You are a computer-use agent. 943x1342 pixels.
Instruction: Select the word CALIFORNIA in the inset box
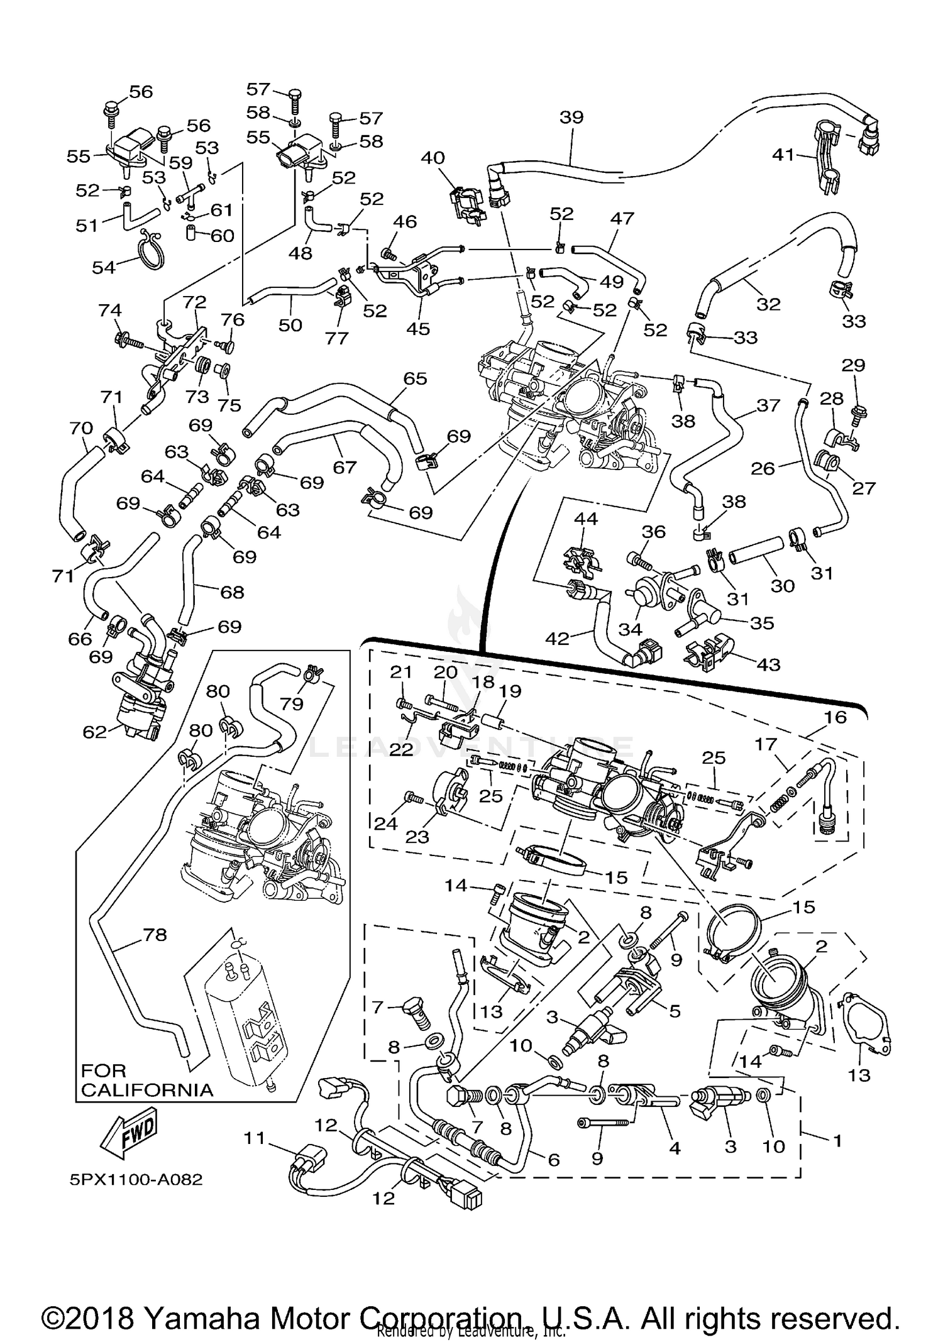coord(147,1089)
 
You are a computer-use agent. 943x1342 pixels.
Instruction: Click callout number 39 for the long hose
coord(571,118)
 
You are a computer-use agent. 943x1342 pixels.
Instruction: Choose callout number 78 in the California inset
coord(155,935)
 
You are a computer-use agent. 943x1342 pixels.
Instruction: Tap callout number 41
coord(784,154)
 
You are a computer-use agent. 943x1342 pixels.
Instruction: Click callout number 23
coord(417,836)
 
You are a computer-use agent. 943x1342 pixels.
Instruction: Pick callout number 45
coord(418,327)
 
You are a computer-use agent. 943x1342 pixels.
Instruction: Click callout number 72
coord(194,302)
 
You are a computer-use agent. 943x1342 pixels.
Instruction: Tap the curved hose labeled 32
coord(780,251)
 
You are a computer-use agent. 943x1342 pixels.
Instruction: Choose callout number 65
coord(416,378)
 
